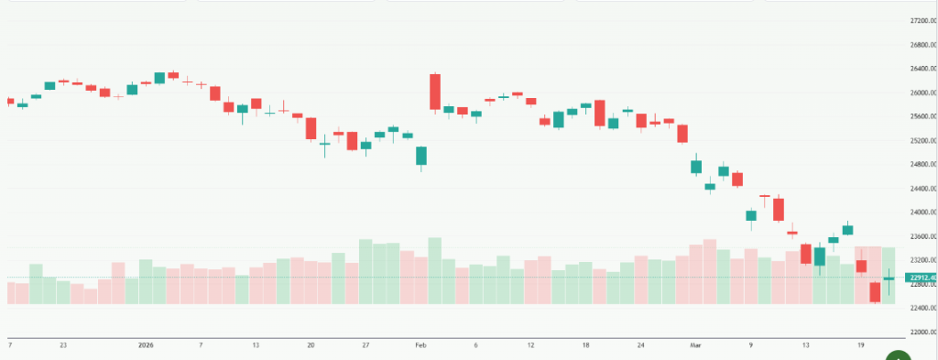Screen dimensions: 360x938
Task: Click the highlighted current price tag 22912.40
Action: (920, 278)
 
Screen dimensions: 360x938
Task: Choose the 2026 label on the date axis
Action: (145, 345)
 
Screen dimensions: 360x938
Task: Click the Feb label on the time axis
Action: (421, 345)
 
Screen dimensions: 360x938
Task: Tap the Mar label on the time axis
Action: (694, 345)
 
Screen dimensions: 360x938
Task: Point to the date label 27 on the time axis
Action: (365, 345)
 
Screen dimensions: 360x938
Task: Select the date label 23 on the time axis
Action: (62, 345)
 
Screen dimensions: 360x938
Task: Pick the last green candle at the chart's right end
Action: (889, 278)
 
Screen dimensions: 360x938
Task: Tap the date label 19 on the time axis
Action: (861, 345)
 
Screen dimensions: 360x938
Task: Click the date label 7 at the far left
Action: (9, 345)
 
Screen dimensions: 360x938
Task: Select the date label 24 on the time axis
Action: (641, 345)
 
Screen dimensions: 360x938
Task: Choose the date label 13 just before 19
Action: (806, 345)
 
